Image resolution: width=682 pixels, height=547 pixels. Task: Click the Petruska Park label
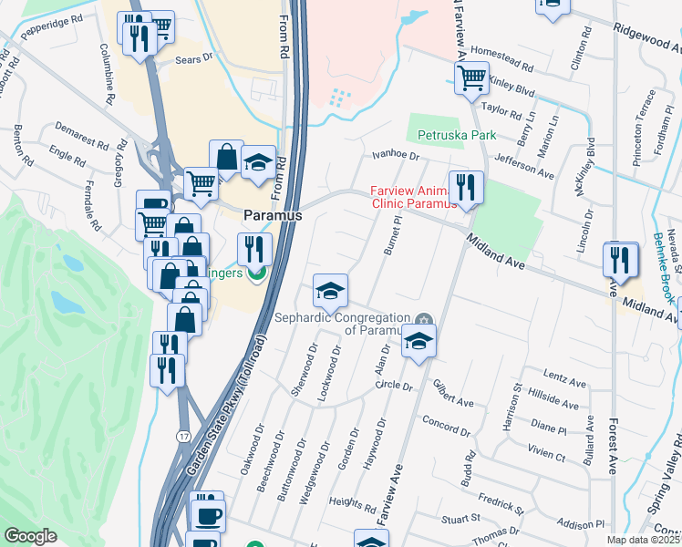click(457, 136)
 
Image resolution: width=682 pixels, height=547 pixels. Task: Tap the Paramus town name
click(272, 215)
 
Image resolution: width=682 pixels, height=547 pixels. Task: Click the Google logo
click(30, 536)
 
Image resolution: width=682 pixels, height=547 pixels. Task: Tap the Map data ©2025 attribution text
click(644, 540)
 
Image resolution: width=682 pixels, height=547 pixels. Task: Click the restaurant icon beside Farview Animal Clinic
click(466, 187)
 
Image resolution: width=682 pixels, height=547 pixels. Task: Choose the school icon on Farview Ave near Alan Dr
click(418, 342)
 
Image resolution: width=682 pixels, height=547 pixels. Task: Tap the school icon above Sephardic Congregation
click(330, 291)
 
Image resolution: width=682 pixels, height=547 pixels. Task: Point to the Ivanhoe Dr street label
click(393, 157)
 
